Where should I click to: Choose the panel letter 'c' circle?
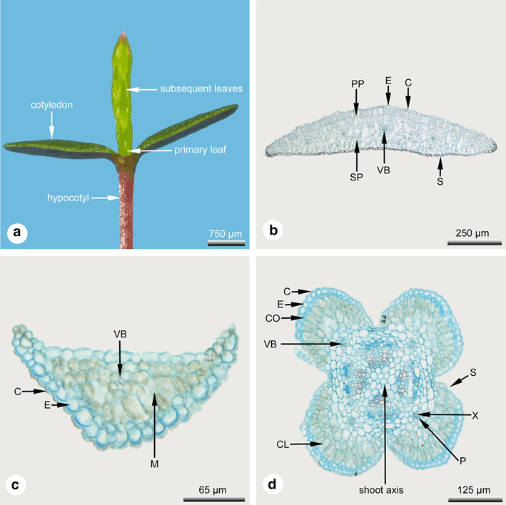coord(15,485)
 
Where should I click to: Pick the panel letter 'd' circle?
coord(271,485)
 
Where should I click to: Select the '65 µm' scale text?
coord(216,489)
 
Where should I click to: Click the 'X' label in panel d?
coord(474,414)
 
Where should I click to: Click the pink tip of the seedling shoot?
coord(124,34)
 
